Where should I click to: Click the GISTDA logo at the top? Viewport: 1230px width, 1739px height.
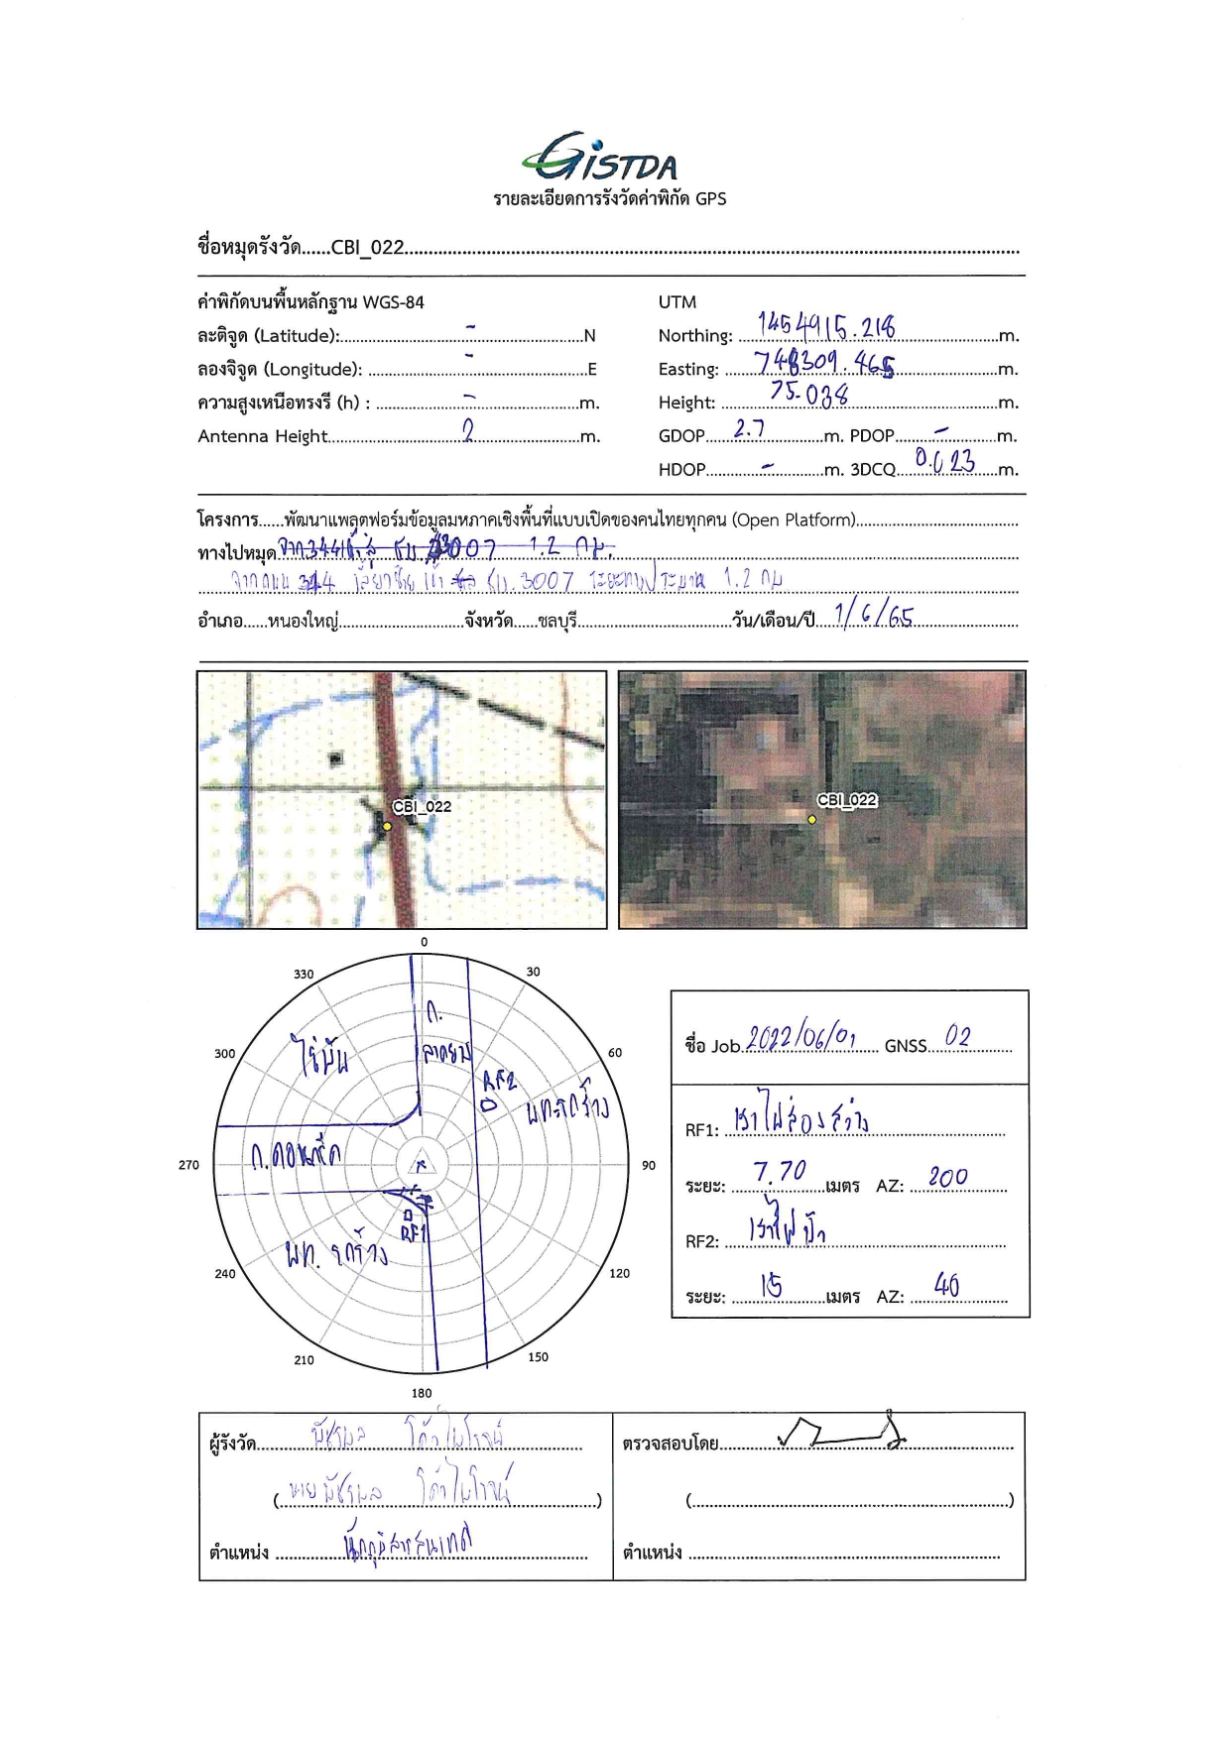pyautogui.click(x=600, y=159)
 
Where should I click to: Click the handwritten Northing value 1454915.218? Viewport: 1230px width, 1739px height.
pyautogui.click(x=825, y=326)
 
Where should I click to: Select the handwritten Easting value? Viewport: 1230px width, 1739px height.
pyautogui.click(x=823, y=363)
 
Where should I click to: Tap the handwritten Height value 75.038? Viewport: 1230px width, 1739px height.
pyautogui.click(x=809, y=394)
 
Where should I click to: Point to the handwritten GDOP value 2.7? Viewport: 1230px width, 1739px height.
pyautogui.click(x=749, y=429)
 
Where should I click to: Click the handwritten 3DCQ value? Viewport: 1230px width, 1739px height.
pyautogui.click(x=944, y=460)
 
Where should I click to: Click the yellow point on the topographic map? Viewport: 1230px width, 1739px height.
pyautogui.click(x=387, y=826)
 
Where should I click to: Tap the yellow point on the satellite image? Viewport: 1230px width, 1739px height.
pyautogui.click(x=811, y=820)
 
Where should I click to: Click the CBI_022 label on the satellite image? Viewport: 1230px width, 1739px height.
pyautogui.click(x=847, y=800)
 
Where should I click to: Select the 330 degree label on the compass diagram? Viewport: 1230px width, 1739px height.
pyautogui.click(x=304, y=975)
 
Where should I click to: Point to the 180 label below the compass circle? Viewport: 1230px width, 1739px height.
pyautogui.click(x=422, y=1393)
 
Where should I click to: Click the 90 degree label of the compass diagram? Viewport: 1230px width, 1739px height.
pyautogui.click(x=649, y=1165)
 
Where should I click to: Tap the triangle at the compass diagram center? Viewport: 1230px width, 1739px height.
pyautogui.click(x=422, y=1165)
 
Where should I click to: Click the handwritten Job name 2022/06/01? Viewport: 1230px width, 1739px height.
pyautogui.click(x=800, y=1038)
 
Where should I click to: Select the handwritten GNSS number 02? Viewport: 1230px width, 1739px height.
pyautogui.click(x=957, y=1037)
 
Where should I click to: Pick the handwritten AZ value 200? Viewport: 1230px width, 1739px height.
pyautogui.click(x=948, y=1178)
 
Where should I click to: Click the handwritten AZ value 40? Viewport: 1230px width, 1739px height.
pyautogui.click(x=946, y=1286)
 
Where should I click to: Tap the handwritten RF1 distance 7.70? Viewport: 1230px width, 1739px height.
pyautogui.click(x=780, y=1173)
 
